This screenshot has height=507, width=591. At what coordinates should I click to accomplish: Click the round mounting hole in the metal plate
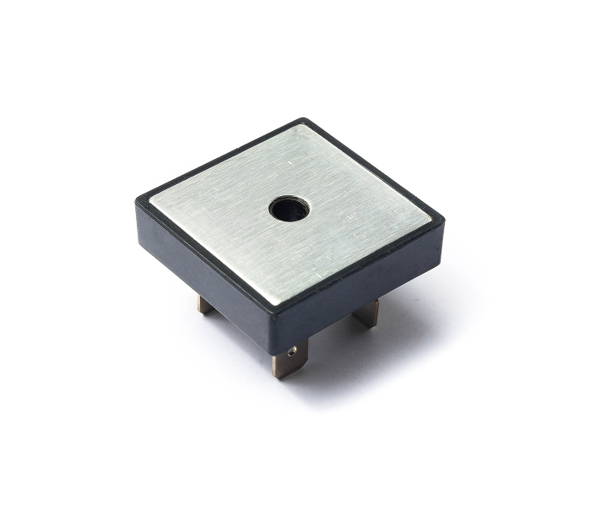click(x=290, y=208)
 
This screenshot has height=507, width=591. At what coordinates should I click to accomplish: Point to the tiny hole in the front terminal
click(x=292, y=351)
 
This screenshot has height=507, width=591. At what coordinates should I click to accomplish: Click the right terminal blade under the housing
click(x=366, y=313)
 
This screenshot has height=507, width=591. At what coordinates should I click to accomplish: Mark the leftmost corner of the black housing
click(x=138, y=199)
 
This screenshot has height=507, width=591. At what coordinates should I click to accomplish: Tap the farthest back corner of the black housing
click(x=302, y=119)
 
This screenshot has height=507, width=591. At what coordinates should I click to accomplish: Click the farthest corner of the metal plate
click(x=301, y=127)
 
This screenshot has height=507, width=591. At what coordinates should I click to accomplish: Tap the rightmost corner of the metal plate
click(x=431, y=221)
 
